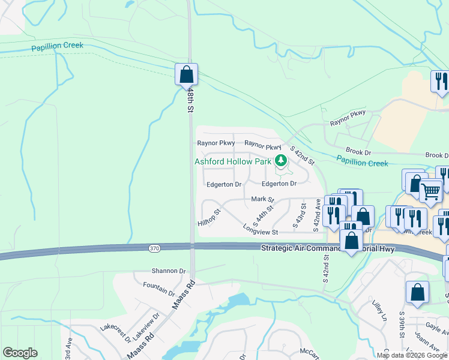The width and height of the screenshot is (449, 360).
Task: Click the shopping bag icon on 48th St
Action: pos(187,75)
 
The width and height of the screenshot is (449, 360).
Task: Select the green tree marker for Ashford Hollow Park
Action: pos(280,160)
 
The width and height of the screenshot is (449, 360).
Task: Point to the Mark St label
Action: pos(262,199)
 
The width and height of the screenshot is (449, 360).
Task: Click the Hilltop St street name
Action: pos(209,217)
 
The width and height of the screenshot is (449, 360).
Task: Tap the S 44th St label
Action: pos(264,214)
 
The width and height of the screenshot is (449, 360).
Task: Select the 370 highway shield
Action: pos(154,247)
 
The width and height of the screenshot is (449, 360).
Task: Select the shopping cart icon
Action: pos(430,191)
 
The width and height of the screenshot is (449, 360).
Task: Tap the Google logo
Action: pos(20,353)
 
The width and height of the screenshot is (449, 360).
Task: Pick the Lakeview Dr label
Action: pos(146,325)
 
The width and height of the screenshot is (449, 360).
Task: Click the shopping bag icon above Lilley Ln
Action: pos(417,293)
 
